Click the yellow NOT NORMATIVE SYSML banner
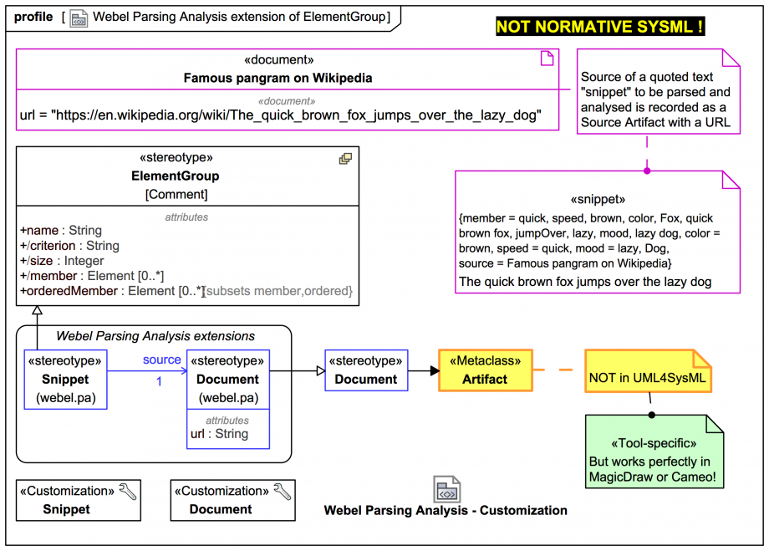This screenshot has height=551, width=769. pyautogui.click(x=599, y=27)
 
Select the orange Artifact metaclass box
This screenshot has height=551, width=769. pyautogui.click(x=485, y=370)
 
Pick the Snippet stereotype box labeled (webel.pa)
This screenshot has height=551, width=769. pyautogui.click(x=66, y=379)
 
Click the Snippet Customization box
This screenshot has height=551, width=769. pyautogui.click(x=79, y=500)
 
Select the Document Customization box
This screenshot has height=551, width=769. pyautogui.click(x=232, y=500)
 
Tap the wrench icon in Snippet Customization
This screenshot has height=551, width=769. pyautogui.click(x=128, y=492)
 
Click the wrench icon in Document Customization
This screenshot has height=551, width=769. pyautogui.click(x=283, y=492)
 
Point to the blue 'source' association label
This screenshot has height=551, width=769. pyautogui.click(x=161, y=360)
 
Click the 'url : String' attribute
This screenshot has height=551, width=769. pyautogui.click(x=219, y=434)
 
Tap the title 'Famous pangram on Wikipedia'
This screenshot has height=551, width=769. pyautogui.click(x=278, y=78)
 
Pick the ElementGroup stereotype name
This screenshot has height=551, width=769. pyautogui.click(x=176, y=176)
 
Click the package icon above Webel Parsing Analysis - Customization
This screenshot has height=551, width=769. pyautogui.click(x=446, y=490)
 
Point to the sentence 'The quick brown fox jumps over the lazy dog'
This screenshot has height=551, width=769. pyautogui.click(x=585, y=282)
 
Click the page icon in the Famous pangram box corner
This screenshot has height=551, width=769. pyautogui.click(x=547, y=58)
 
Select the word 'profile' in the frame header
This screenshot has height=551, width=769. pyautogui.click(x=33, y=17)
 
